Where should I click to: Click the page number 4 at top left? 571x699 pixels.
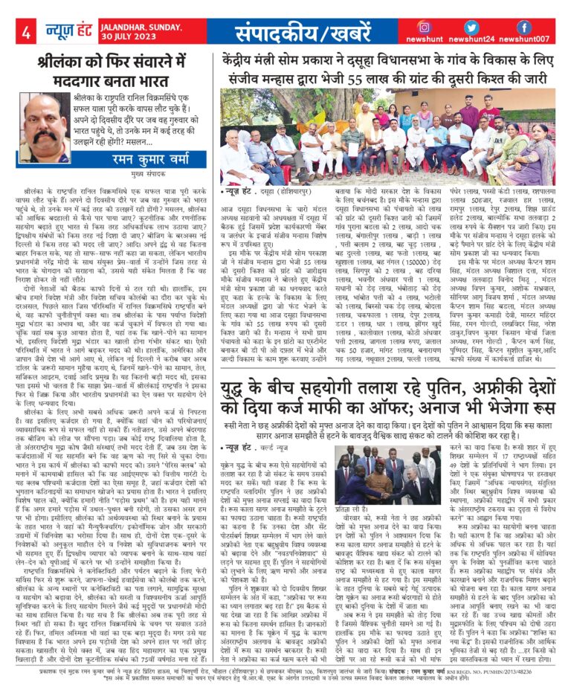click(x=26, y=32)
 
